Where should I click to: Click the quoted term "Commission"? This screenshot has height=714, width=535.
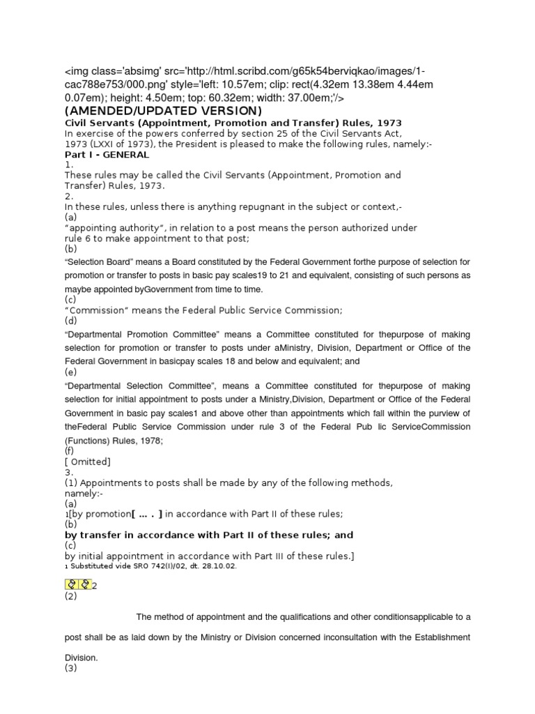coord(103,310)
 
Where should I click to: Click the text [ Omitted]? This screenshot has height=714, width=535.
coord(88,462)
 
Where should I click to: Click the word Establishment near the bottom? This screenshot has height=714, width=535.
coord(440,637)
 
